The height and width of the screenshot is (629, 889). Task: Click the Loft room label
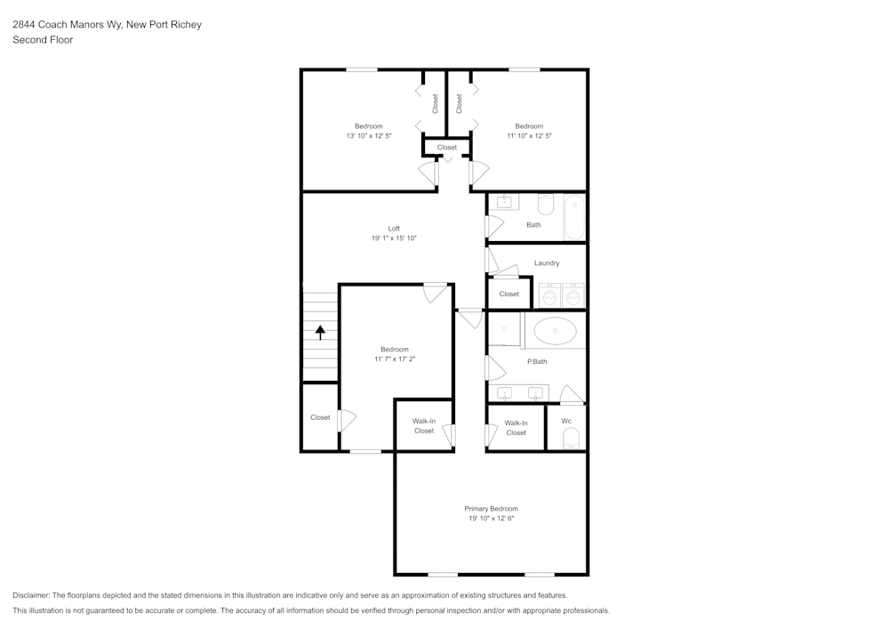click(x=394, y=229)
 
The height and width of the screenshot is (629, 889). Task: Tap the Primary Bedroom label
click(x=491, y=509)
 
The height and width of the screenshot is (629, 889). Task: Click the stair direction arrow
click(x=320, y=333)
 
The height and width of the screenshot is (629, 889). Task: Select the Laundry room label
click(x=547, y=263)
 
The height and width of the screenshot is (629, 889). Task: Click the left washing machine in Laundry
click(x=549, y=295)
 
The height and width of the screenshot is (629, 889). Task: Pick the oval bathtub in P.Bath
click(x=555, y=331)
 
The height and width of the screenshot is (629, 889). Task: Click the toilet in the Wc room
click(x=571, y=439)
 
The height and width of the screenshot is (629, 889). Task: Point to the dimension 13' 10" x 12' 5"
click(x=369, y=136)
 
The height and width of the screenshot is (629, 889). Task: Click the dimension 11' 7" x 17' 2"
click(x=395, y=359)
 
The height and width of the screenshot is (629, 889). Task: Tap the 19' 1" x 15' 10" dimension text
click(x=394, y=238)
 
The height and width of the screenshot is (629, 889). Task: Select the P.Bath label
click(x=537, y=361)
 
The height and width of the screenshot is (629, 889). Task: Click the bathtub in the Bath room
click(x=574, y=217)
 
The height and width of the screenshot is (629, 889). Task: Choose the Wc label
click(x=565, y=421)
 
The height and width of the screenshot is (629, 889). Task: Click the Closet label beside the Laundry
click(x=509, y=294)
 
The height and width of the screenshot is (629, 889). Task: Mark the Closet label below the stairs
click(x=320, y=417)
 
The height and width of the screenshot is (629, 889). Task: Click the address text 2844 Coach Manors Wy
click(x=67, y=24)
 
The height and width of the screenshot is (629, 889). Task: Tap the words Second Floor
click(x=43, y=40)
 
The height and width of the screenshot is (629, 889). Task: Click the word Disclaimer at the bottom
click(x=30, y=595)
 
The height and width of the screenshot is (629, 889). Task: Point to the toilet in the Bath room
click(x=546, y=205)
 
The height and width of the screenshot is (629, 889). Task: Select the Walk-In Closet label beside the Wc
click(x=516, y=428)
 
